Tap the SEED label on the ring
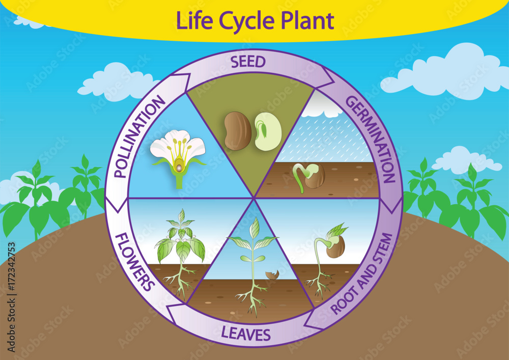[x=248, y=62]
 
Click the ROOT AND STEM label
[x=362, y=274]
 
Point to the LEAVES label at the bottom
[x=246, y=334]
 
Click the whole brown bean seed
[x=238, y=131]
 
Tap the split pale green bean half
[x=268, y=131]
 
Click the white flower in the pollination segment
[x=178, y=151]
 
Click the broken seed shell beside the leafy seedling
[x=272, y=275]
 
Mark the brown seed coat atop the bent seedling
[x=335, y=246]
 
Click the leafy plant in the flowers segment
[x=180, y=244]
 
